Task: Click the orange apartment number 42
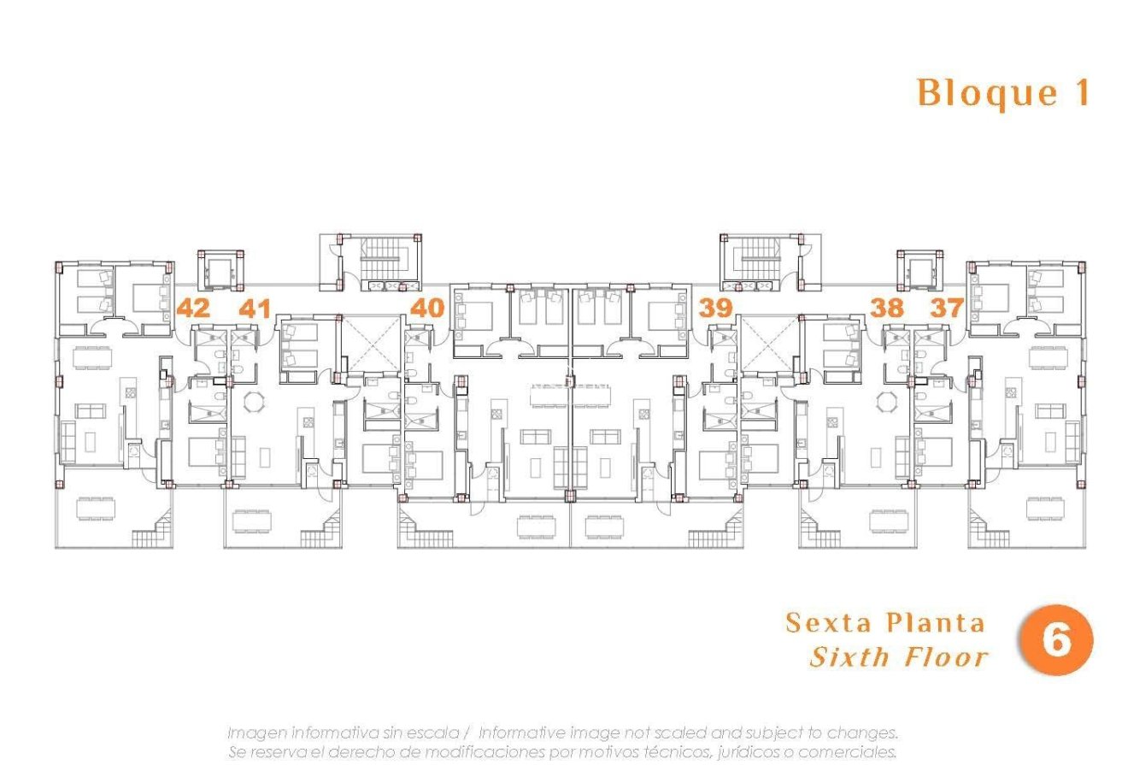[193, 308]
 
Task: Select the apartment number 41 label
[255, 308]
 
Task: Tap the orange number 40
[427, 308]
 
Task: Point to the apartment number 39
[715, 308]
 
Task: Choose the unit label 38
[886, 308]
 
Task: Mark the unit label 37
[946, 308]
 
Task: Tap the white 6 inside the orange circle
[1056, 640]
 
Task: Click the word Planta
[934, 622]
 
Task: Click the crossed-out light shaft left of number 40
[369, 344]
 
